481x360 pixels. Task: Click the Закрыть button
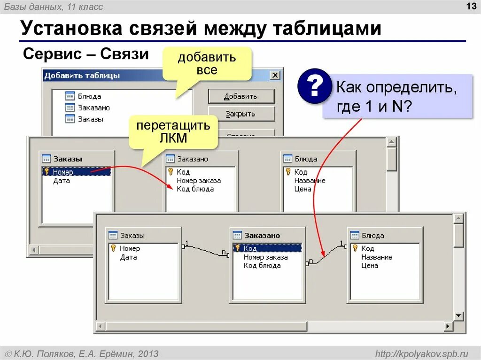pos(240,114)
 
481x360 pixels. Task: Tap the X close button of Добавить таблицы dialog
pos(275,75)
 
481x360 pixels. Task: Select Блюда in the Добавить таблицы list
pos(89,96)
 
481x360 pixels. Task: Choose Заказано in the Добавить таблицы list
pos(93,107)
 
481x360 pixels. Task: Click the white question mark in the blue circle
pos(314,86)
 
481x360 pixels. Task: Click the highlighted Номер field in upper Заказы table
pos(63,172)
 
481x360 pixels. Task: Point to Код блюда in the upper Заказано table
pos(195,189)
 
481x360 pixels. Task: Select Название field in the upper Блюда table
pos(310,181)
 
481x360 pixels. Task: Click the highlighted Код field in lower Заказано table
pos(250,248)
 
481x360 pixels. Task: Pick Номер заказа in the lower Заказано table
pos(265,257)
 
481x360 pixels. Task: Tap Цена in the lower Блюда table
pos(370,266)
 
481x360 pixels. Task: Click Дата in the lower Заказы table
pos(128,257)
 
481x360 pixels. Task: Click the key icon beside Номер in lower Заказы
pos(113,248)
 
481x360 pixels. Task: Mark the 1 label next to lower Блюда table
pos(341,243)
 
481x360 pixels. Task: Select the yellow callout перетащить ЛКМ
pos(173,132)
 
